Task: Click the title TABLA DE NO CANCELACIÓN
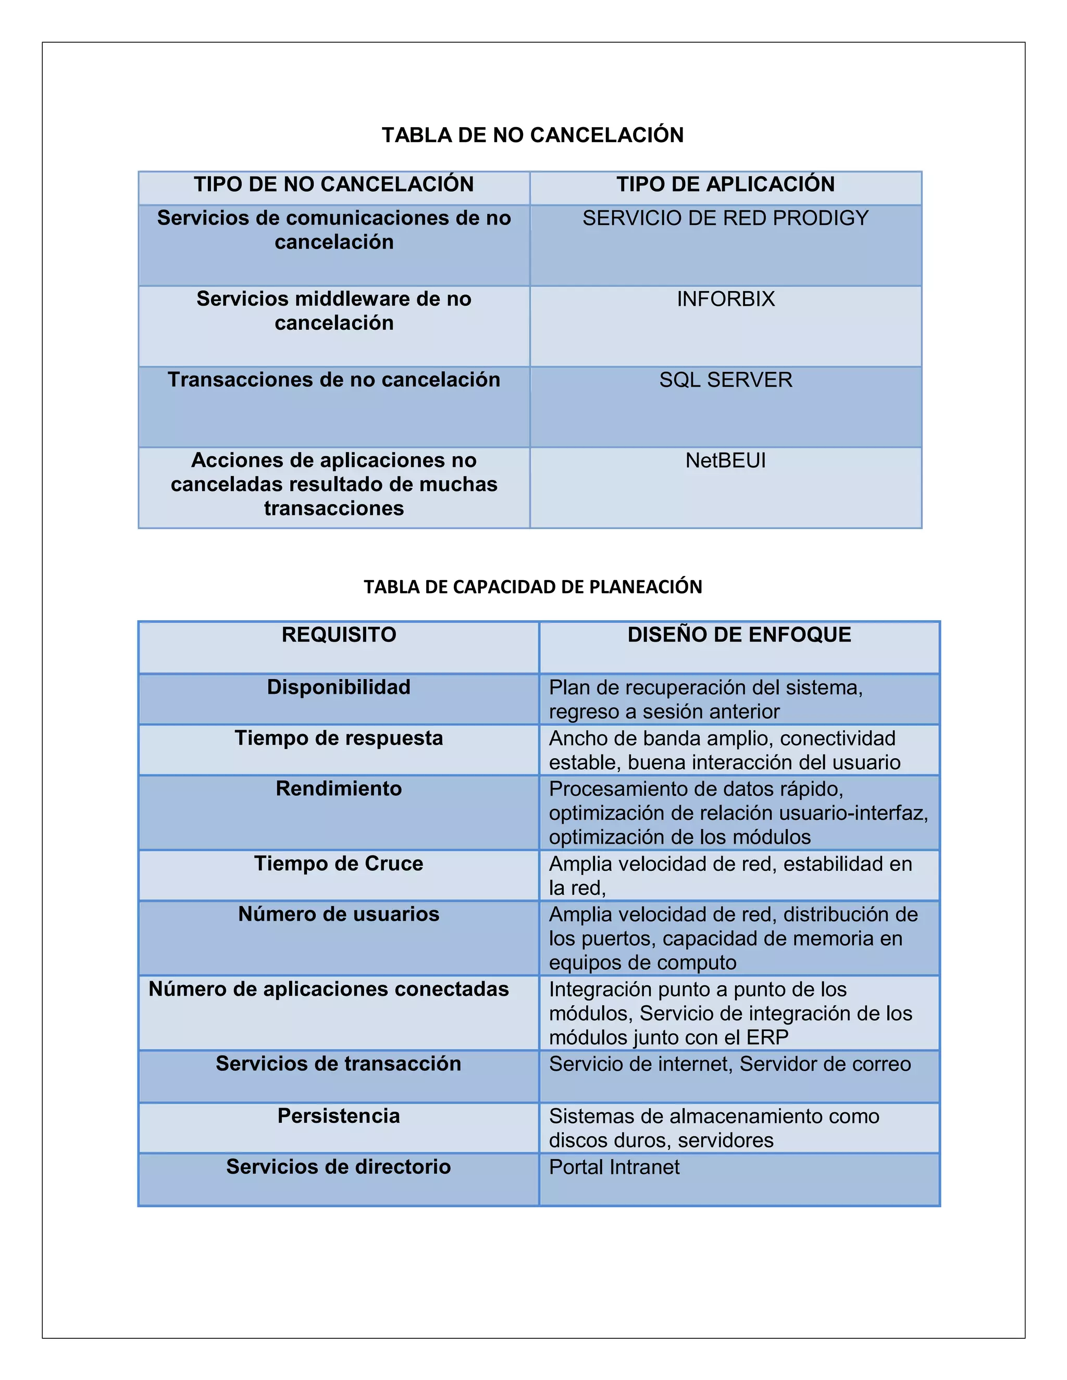(x=532, y=135)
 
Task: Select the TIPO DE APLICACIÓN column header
(x=725, y=184)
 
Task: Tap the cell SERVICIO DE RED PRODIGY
(x=725, y=218)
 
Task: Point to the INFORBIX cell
(x=725, y=299)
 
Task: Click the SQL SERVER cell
(x=725, y=380)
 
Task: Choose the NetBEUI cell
(x=725, y=461)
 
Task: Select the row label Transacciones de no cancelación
(x=334, y=380)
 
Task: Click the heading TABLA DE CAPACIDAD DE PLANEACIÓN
(x=532, y=587)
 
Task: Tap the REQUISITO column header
(x=339, y=634)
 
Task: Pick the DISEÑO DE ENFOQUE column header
(x=739, y=634)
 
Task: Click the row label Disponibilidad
(x=339, y=687)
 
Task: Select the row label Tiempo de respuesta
(x=339, y=738)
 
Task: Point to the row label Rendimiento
(x=339, y=788)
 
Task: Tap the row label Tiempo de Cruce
(x=339, y=864)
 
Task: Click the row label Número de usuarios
(x=339, y=914)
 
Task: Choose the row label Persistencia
(x=339, y=1116)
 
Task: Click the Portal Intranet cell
(x=614, y=1167)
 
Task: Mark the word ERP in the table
(x=767, y=1037)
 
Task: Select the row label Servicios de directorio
(x=339, y=1166)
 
